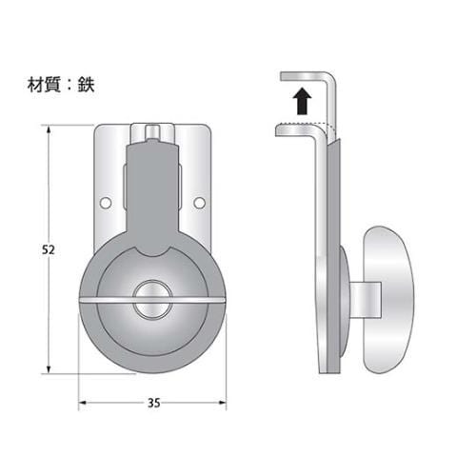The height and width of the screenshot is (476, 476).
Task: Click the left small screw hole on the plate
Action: point(106,203)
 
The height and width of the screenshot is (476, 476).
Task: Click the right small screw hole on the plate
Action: point(199,203)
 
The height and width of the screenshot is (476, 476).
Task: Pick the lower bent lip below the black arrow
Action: point(297,129)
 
